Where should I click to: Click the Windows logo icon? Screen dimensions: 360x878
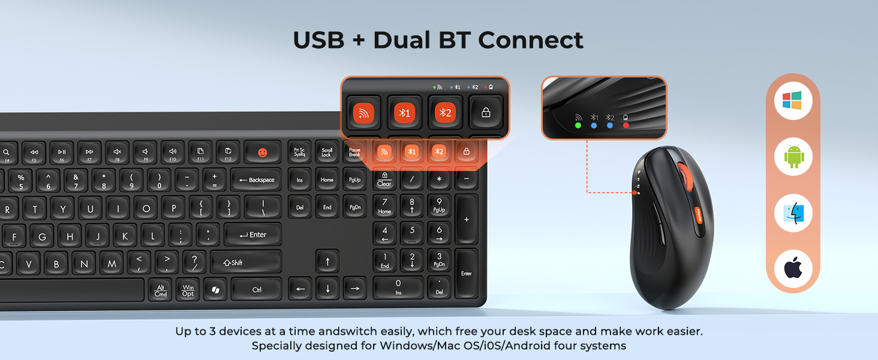point(792,101)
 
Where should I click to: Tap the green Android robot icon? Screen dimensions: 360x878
point(792,157)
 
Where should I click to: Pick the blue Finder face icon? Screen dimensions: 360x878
point(792,214)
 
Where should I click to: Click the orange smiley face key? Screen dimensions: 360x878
point(262,152)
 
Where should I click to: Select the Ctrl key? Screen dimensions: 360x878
point(257,289)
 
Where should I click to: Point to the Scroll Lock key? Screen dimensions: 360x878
point(326,153)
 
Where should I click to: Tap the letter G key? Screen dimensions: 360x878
point(41,236)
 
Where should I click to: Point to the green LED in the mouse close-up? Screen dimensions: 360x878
point(578,125)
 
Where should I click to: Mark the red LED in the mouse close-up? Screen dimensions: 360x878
point(626,125)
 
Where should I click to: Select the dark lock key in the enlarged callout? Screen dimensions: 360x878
point(486,112)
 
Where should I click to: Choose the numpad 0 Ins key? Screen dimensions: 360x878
point(398,286)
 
